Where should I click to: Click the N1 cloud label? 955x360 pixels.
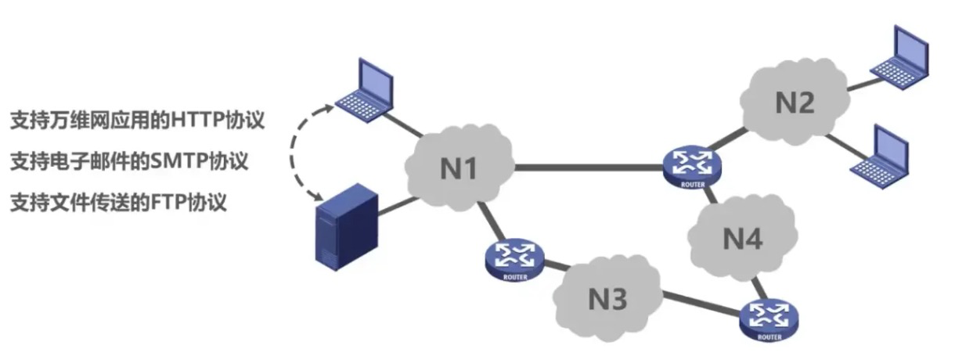pyautogui.click(x=458, y=168)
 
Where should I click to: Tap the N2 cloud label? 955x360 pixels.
pyautogui.click(x=795, y=103)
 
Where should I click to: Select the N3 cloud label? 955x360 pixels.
pyautogui.click(x=607, y=299)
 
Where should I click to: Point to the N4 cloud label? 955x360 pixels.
pyautogui.click(x=743, y=239)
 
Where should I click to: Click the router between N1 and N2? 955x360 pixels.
pyautogui.click(x=692, y=168)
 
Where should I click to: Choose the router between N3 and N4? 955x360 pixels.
pyautogui.click(x=769, y=320)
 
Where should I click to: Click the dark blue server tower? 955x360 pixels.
pyautogui.click(x=347, y=227)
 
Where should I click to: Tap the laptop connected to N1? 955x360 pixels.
pyautogui.click(x=365, y=90)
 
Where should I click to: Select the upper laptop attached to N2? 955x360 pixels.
pyautogui.click(x=899, y=57)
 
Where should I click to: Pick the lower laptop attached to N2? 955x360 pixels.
pyautogui.click(x=880, y=157)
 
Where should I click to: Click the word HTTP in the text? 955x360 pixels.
pyautogui.click(x=198, y=121)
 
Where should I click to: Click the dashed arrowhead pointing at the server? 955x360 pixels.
pyautogui.click(x=318, y=196)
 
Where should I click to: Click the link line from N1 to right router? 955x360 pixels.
pyautogui.click(x=589, y=167)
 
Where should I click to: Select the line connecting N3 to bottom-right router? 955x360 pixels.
pyautogui.click(x=702, y=304)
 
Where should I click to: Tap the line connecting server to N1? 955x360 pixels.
pyautogui.click(x=398, y=206)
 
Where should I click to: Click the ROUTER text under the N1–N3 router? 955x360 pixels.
pyautogui.click(x=515, y=277)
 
